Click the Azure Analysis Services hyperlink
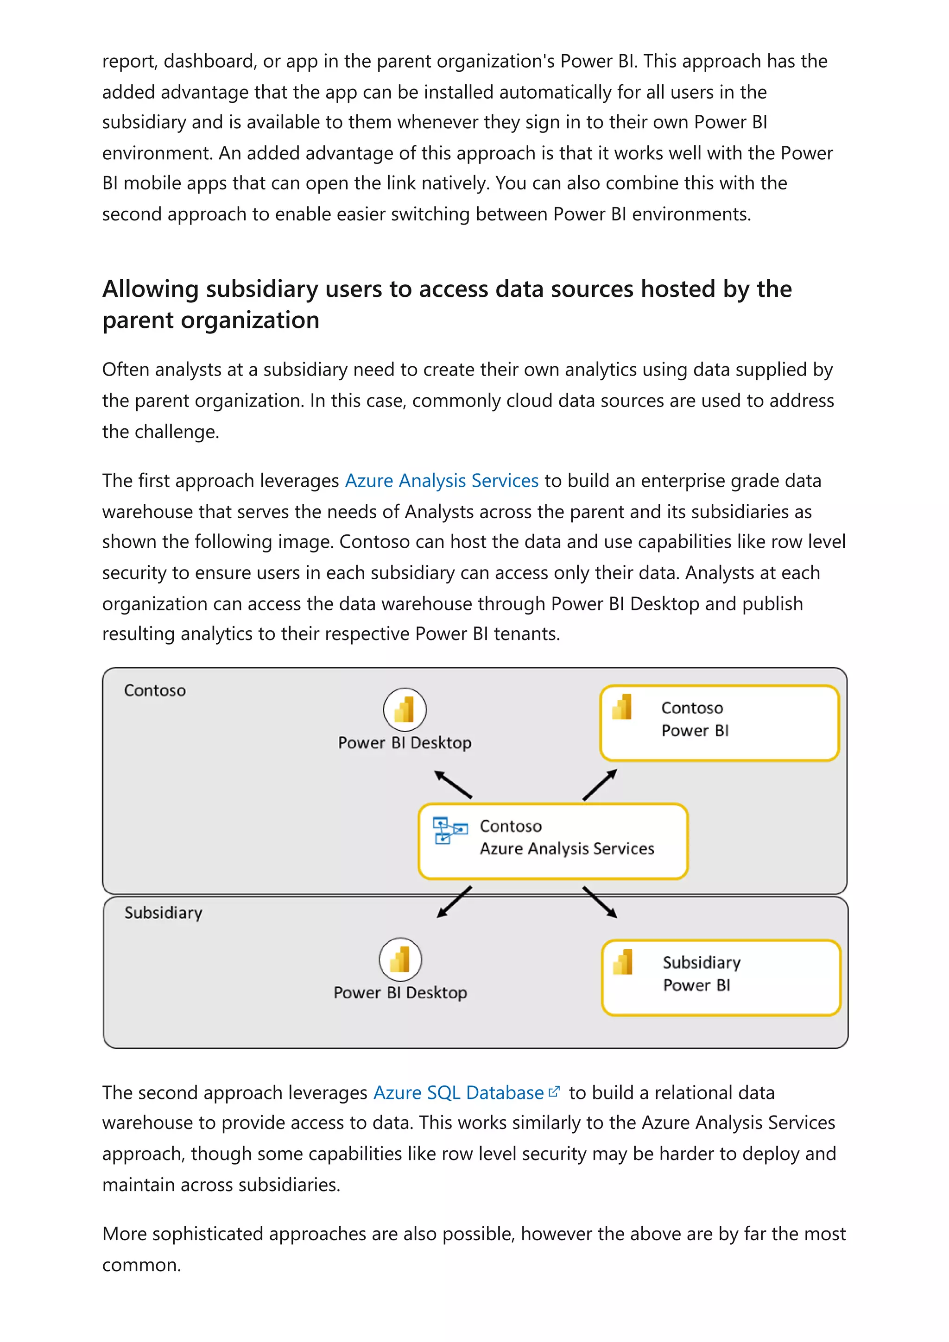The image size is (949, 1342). pyautogui.click(x=442, y=481)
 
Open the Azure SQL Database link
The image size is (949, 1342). pyautogui.click(x=458, y=1092)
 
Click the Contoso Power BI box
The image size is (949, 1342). pyautogui.click(x=719, y=723)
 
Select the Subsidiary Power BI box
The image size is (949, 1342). pyautogui.click(x=721, y=977)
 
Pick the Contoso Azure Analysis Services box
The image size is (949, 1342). pyautogui.click(x=552, y=841)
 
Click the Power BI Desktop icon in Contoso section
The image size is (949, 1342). pyautogui.click(x=405, y=709)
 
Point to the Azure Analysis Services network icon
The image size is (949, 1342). pyautogui.click(x=449, y=830)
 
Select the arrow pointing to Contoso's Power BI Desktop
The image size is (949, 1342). pyautogui.click(x=453, y=784)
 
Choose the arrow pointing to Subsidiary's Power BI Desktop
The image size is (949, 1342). pyautogui.click(x=454, y=902)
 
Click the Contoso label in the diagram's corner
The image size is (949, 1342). pyautogui.click(x=154, y=690)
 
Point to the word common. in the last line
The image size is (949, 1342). pyautogui.click(x=141, y=1265)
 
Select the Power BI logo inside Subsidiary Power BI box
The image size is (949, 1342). pyautogui.click(x=623, y=962)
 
